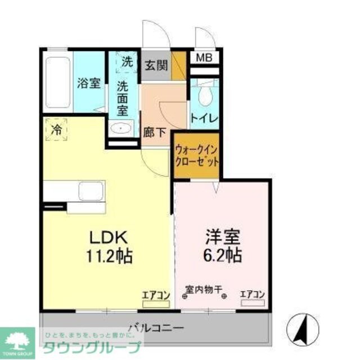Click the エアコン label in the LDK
click(155, 294)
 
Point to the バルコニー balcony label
click(153, 326)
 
